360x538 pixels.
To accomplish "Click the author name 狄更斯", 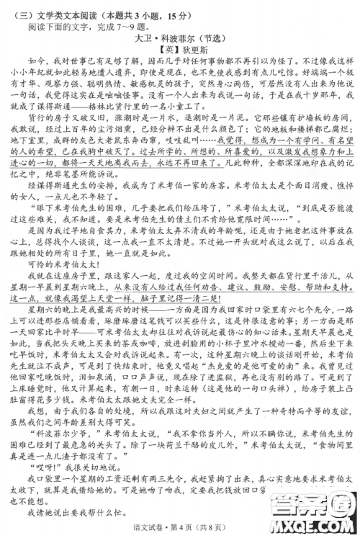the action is [192, 50].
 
